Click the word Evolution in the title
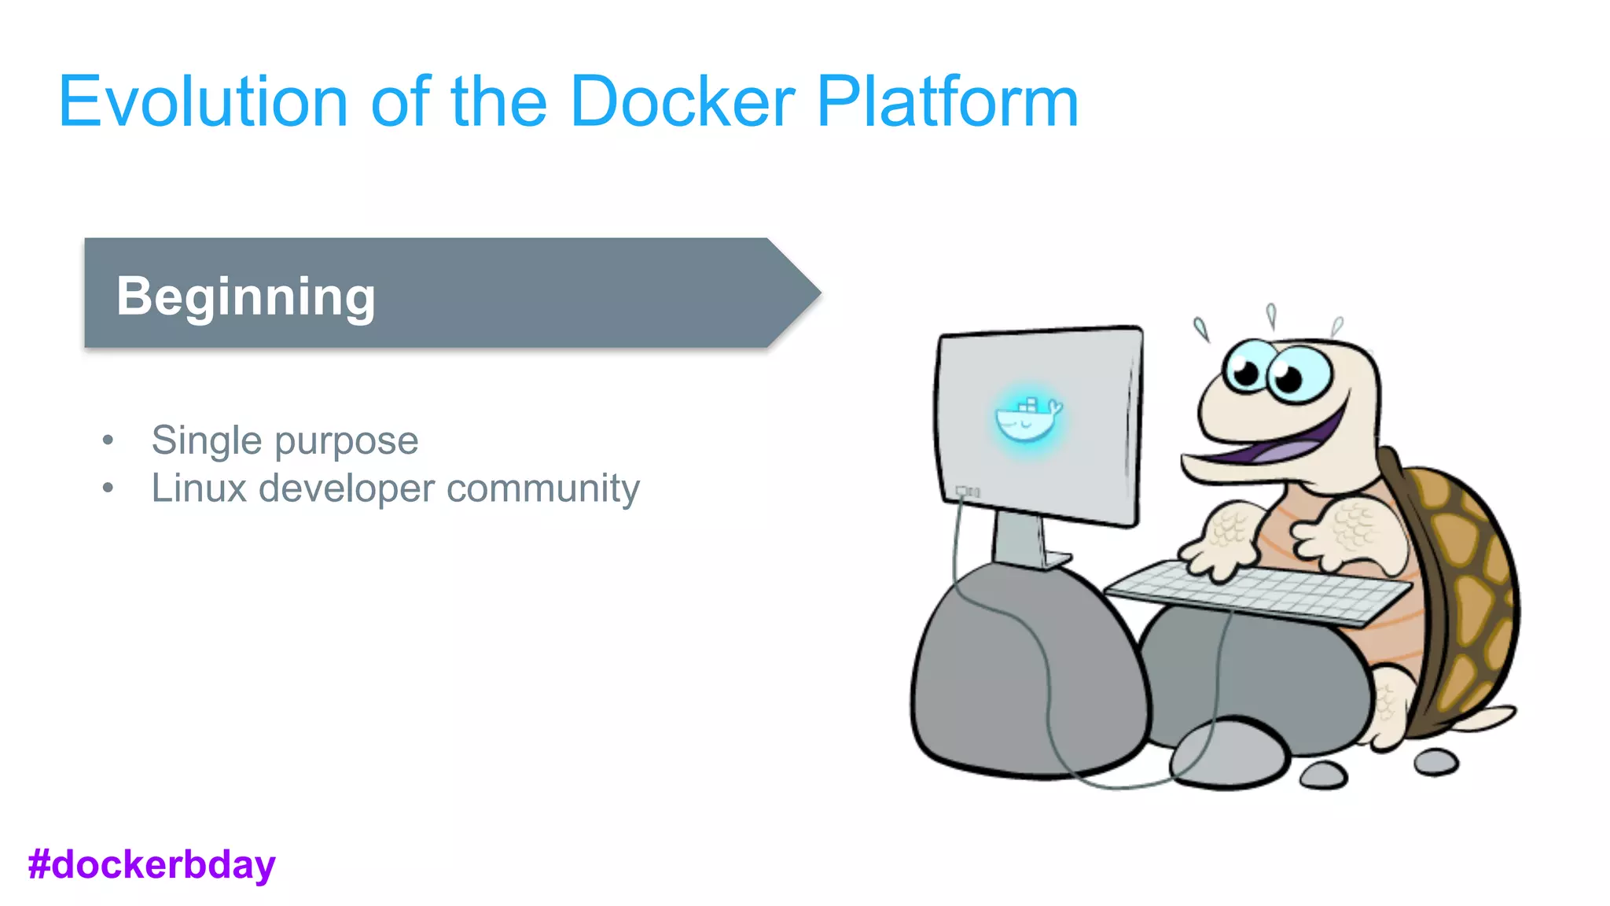203,102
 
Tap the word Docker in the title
682,102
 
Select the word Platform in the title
947,102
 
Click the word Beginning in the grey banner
246,296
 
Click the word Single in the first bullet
207,440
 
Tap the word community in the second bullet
543,488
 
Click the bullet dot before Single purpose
108,440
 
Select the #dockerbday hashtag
152,864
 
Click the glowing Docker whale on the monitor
1027,419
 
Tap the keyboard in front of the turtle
1258,590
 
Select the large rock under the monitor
1022,676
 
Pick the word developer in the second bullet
347,488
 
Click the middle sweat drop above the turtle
1271,316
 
